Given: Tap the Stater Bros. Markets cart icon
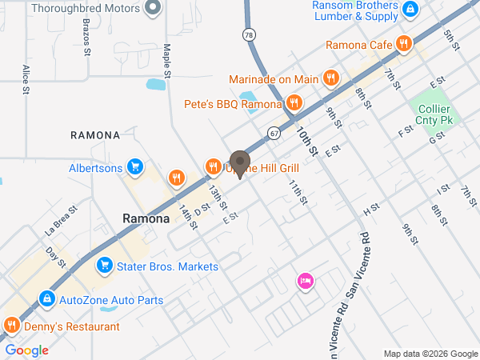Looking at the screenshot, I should point(103,266).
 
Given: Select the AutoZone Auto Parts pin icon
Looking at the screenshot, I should point(47,301).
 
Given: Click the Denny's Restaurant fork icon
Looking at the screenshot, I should point(11,326).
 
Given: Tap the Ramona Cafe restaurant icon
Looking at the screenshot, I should point(405,45).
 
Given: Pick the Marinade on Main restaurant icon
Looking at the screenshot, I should point(330,78).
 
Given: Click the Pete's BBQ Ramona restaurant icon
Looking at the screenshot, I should point(294,102).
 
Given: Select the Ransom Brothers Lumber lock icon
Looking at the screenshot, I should point(410,9).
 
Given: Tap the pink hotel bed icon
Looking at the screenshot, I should point(305,281).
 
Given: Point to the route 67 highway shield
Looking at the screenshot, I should point(274,132).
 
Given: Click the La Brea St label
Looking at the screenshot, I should point(60,220).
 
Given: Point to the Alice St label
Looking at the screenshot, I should point(26,80).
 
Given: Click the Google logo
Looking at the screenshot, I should point(27,350).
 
